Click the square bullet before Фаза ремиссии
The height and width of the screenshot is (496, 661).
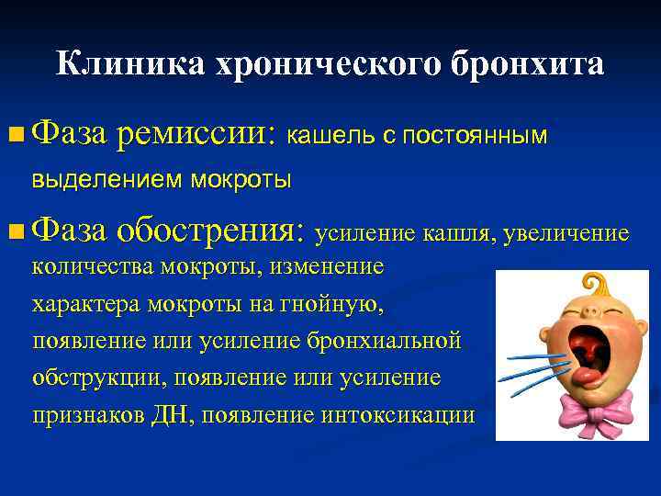[x=16, y=135]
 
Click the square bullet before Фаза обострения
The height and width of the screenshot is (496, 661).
[x=16, y=233]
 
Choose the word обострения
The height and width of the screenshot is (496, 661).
[x=217, y=233]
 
